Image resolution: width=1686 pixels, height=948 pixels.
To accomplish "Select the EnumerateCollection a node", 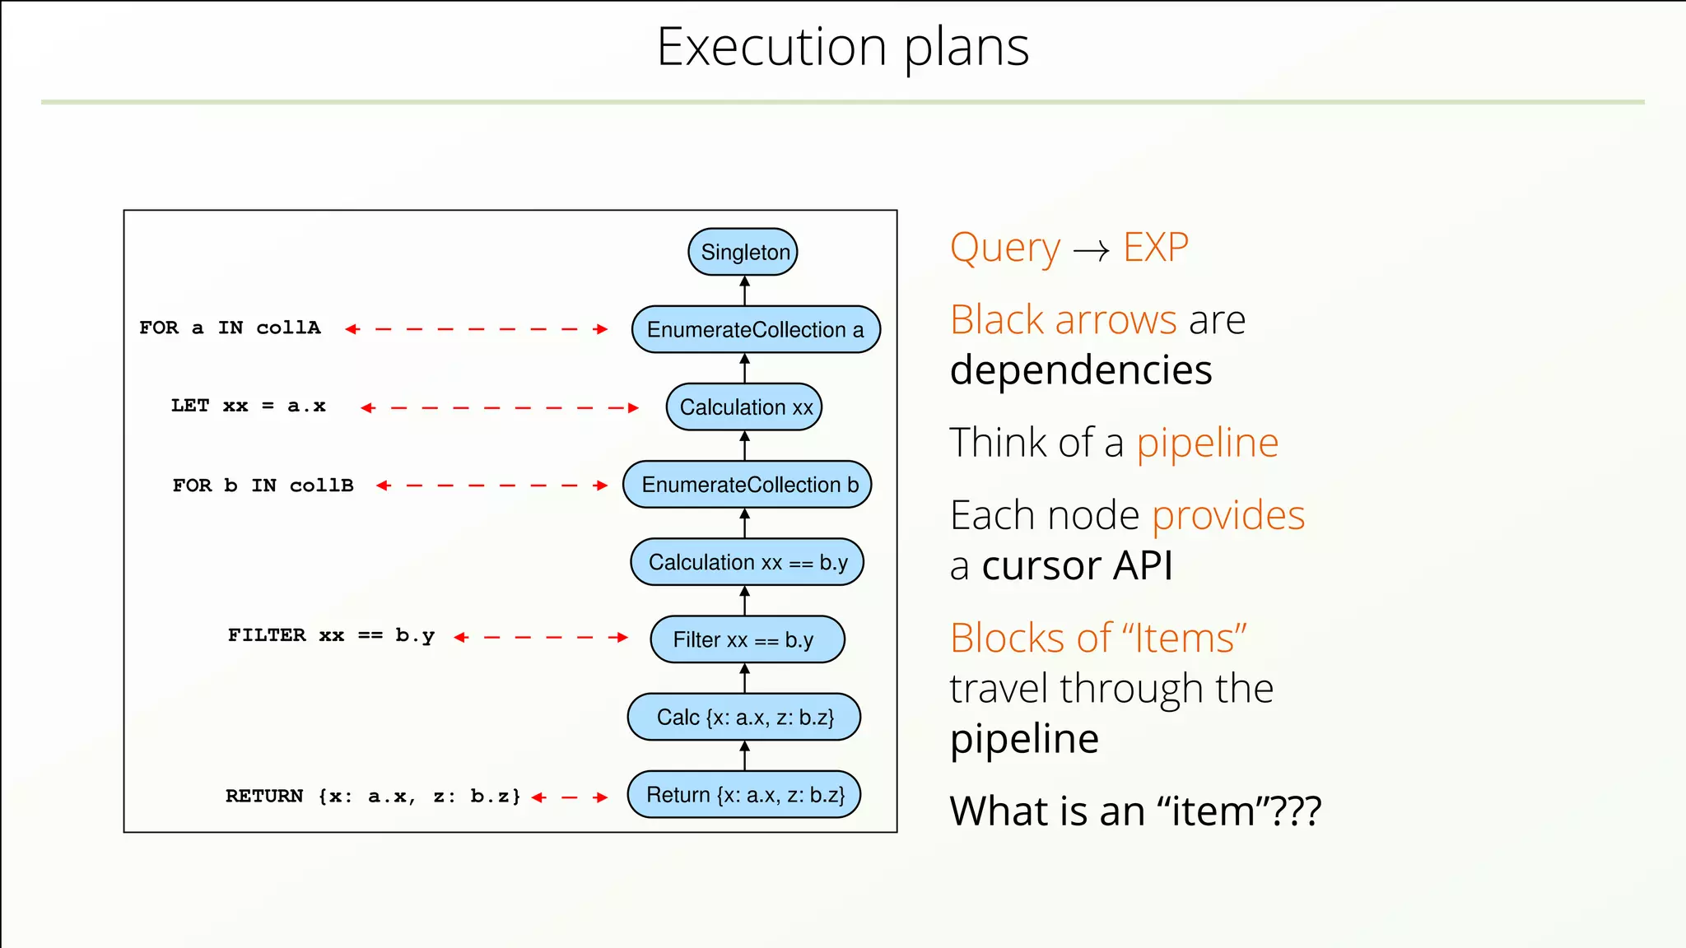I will (x=756, y=329).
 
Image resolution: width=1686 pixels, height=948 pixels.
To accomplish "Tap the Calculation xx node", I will (x=744, y=407).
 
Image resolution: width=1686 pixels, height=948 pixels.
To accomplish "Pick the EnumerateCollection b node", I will (x=748, y=485).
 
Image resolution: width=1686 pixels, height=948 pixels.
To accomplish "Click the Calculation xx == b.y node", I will (x=747, y=562).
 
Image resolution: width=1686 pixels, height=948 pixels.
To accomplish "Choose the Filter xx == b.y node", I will (x=747, y=639).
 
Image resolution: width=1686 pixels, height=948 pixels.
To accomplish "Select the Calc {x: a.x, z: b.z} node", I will (x=744, y=717).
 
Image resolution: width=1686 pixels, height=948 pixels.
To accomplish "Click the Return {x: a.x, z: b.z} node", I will (x=744, y=795).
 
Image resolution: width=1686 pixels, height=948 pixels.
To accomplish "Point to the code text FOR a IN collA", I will (x=230, y=328).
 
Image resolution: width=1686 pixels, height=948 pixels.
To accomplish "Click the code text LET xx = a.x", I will (x=248, y=406).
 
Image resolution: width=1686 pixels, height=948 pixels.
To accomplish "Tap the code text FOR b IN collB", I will (x=263, y=486).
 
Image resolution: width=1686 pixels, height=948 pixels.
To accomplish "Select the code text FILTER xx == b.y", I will (x=331, y=635).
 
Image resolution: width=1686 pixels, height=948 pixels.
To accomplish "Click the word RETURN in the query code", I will (x=264, y=796).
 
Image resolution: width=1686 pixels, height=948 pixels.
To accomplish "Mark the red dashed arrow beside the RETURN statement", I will (x=570, y=797).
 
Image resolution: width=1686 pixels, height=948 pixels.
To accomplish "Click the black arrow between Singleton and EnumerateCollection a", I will (x=745, y=290).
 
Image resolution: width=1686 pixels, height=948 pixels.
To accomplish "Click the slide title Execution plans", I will (x=842, y=47).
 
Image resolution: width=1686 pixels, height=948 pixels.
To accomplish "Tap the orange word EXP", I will (x=1156, y=247).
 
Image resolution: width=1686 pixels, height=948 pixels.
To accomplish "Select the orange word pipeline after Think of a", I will (x=1207, y=444).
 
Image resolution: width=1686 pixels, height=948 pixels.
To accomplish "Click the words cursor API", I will (x=1077, y=566).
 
